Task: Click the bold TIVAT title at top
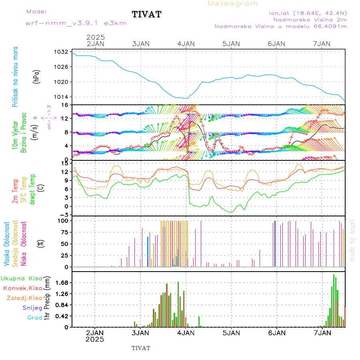click(x=147, y=14)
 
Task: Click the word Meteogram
click(x=233, y=4)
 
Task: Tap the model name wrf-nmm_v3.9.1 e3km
click(x=76, y=24)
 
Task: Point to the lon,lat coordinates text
click(x=308, y=13)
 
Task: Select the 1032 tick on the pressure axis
click(x=62, y=52)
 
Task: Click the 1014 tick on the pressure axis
click(x=62, y=97)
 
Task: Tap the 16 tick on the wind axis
click(x=65, y=105)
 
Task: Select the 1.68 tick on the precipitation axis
click(x=62, y=283)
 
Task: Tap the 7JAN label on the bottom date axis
click(x=322, y=333)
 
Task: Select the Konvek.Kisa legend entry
click(x=22, y=288)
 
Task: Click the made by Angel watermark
click(x=352, y=240)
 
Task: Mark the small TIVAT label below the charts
click(x=141, y=348)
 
